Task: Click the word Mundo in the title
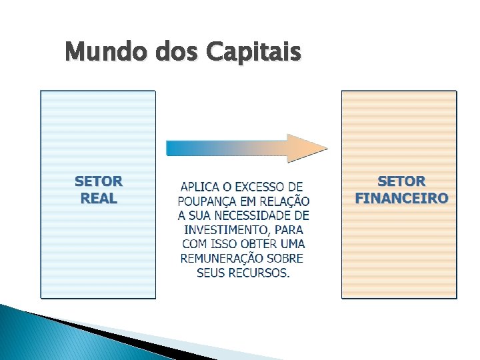coord(97,51)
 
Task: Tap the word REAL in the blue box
coord(99,198)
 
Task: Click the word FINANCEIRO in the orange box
coord(401,198)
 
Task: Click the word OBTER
coord(264,244)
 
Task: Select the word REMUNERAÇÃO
coord(223,258)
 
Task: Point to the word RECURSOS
coord(259,273)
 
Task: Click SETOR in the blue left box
coord(99,181)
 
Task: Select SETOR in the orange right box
coord(401,181)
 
